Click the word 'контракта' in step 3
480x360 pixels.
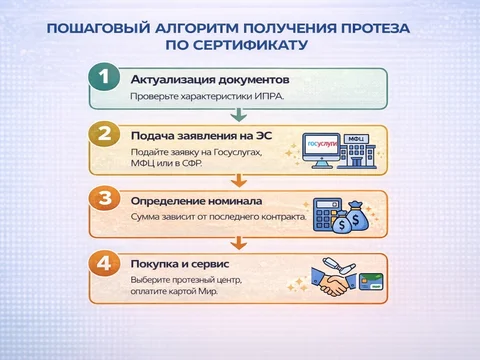pyautogui.click(x=269, y=216)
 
